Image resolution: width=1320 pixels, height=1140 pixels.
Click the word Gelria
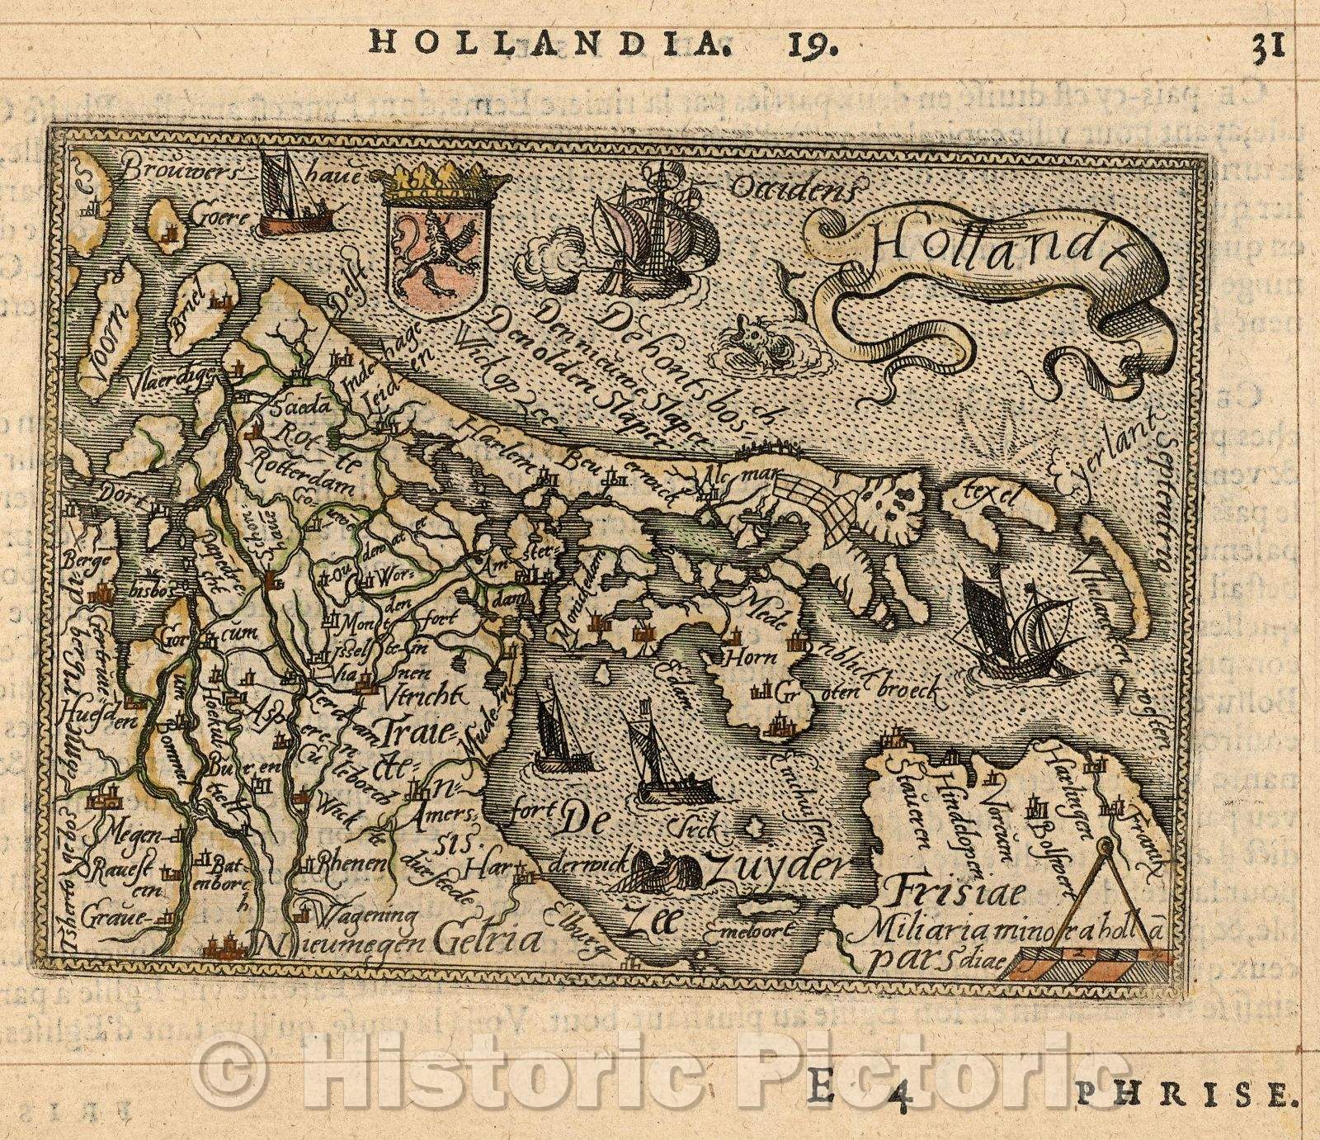pyautogui.click(x=488, y=939)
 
